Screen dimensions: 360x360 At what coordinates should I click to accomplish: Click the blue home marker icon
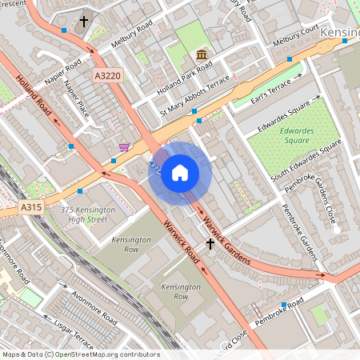tap(180, 172)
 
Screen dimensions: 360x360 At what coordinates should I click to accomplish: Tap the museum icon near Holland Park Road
tap(202, 54)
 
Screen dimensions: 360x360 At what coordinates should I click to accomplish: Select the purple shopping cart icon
tap(124, 146)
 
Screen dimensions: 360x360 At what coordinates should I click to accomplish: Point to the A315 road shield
tap(31, 207)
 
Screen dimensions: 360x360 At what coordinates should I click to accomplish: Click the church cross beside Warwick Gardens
tap(210, 243)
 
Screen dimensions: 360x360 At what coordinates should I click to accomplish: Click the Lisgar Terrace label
tap(74, 335)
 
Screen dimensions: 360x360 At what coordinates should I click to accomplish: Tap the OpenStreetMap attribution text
tap(80, 354)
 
